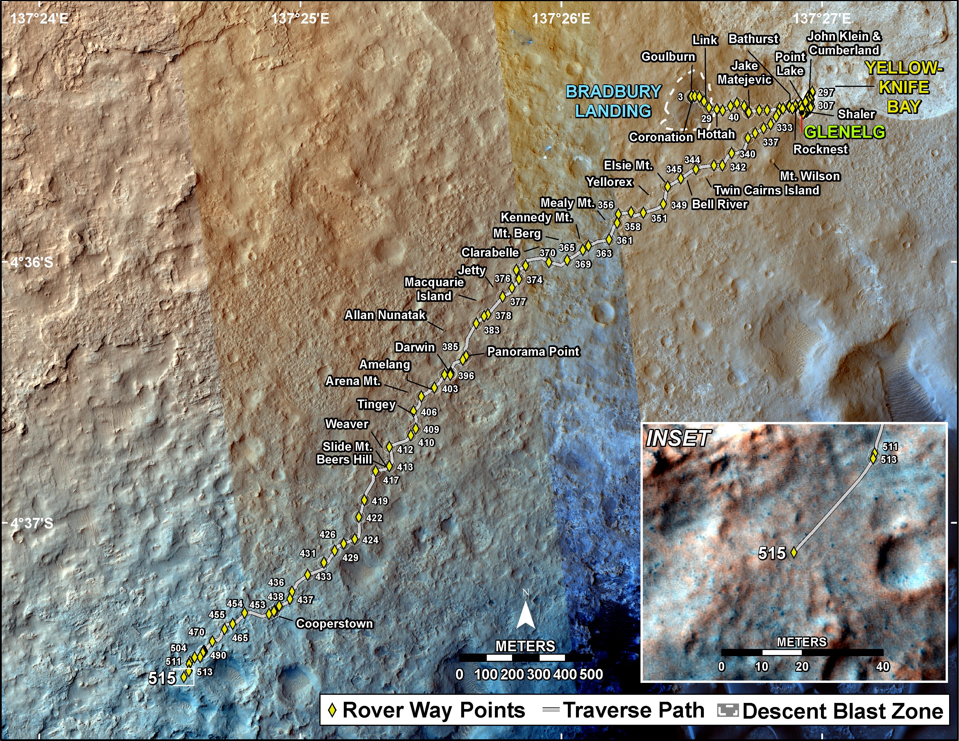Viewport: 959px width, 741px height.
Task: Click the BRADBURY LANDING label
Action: (613, 101)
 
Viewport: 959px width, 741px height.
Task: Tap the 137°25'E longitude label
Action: (300, 18)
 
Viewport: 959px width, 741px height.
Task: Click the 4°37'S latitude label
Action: (32, 523)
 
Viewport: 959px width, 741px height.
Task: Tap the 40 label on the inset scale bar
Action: (883, 666)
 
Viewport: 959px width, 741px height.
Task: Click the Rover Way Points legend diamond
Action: (332, 710)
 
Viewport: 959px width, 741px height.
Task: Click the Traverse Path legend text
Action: (634, 710)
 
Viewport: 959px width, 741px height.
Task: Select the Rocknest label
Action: (820, 149)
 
